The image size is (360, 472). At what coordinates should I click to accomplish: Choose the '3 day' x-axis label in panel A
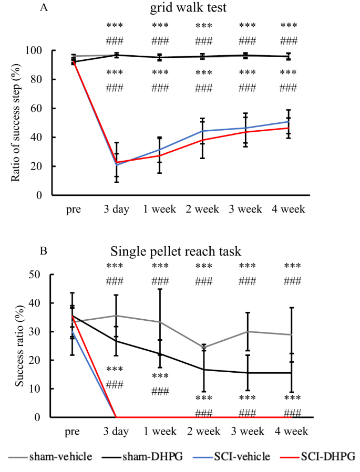pos(116,209)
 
